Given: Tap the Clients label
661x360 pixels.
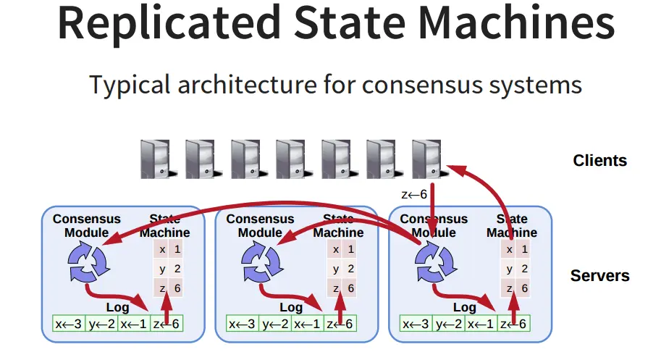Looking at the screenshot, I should (599, 160).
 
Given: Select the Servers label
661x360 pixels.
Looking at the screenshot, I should (599, 275).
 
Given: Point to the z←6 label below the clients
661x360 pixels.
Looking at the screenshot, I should (414, 194).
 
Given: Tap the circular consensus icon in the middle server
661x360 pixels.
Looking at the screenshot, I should (261, 260).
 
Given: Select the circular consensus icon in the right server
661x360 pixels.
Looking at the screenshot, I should (435, 260).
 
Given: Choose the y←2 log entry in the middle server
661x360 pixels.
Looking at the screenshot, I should (275, 324).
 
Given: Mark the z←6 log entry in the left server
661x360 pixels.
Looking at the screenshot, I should (167, 324).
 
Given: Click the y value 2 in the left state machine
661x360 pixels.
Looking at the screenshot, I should (177, 269).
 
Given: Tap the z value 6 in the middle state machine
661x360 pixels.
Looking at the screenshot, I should (351, 288).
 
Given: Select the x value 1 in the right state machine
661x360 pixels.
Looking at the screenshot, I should (525, 249).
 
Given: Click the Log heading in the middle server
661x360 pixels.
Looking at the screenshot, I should (291, 307).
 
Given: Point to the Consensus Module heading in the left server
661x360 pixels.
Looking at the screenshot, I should (87, 225).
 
